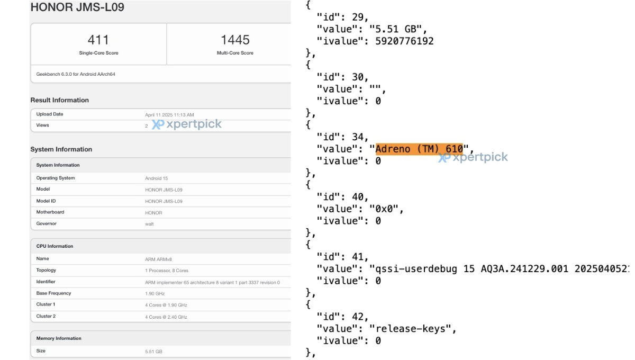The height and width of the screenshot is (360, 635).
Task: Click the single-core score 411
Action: [x=98, y=40]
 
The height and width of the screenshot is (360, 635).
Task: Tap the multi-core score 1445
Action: [x=235, y=40]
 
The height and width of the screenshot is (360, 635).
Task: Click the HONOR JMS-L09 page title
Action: [x=77, y=7]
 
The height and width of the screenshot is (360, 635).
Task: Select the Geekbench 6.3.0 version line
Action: [x=76, y=74]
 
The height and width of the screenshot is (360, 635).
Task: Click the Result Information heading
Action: [x=59, y=100]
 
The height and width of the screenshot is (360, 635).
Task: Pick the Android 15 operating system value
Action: [x=157, y=178]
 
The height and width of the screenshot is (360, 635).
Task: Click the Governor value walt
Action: [x=149, y=224]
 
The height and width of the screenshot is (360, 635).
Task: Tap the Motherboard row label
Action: [x=50, y=212]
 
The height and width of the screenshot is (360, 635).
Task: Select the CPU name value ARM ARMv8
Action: [x=158, y=259]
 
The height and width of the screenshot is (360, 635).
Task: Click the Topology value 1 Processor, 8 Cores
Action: [x=167, y=271]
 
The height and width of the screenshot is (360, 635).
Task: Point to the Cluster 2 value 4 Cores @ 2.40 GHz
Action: [x=166, y=317]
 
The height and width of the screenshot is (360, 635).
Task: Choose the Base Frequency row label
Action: [x=53, y=293]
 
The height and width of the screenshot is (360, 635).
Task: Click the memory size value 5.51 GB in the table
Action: [x=153, y=352]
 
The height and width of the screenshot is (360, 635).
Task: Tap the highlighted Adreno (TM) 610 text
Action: [x=419, y=149]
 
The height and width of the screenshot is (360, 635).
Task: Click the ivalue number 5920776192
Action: [x=404, y=41]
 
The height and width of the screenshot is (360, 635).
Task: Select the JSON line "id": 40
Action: [x=342, y=197]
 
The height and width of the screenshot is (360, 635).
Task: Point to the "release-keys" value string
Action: [x=410, y=329]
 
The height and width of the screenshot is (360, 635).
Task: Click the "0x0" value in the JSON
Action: [x=384, y=209]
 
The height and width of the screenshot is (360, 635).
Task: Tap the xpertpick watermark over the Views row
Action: [x=186, y=124]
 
